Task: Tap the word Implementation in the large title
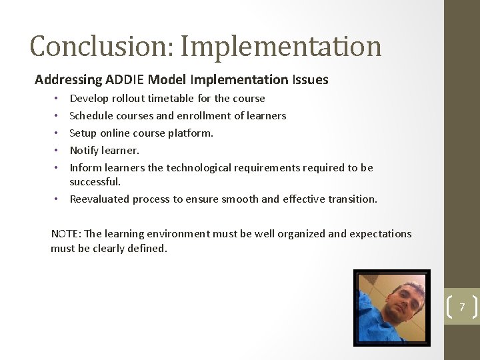281,47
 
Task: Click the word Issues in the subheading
310,80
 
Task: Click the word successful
95,181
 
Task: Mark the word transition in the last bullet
352,199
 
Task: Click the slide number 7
461,307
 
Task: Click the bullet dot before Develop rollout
58,99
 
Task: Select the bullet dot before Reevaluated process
58,199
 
